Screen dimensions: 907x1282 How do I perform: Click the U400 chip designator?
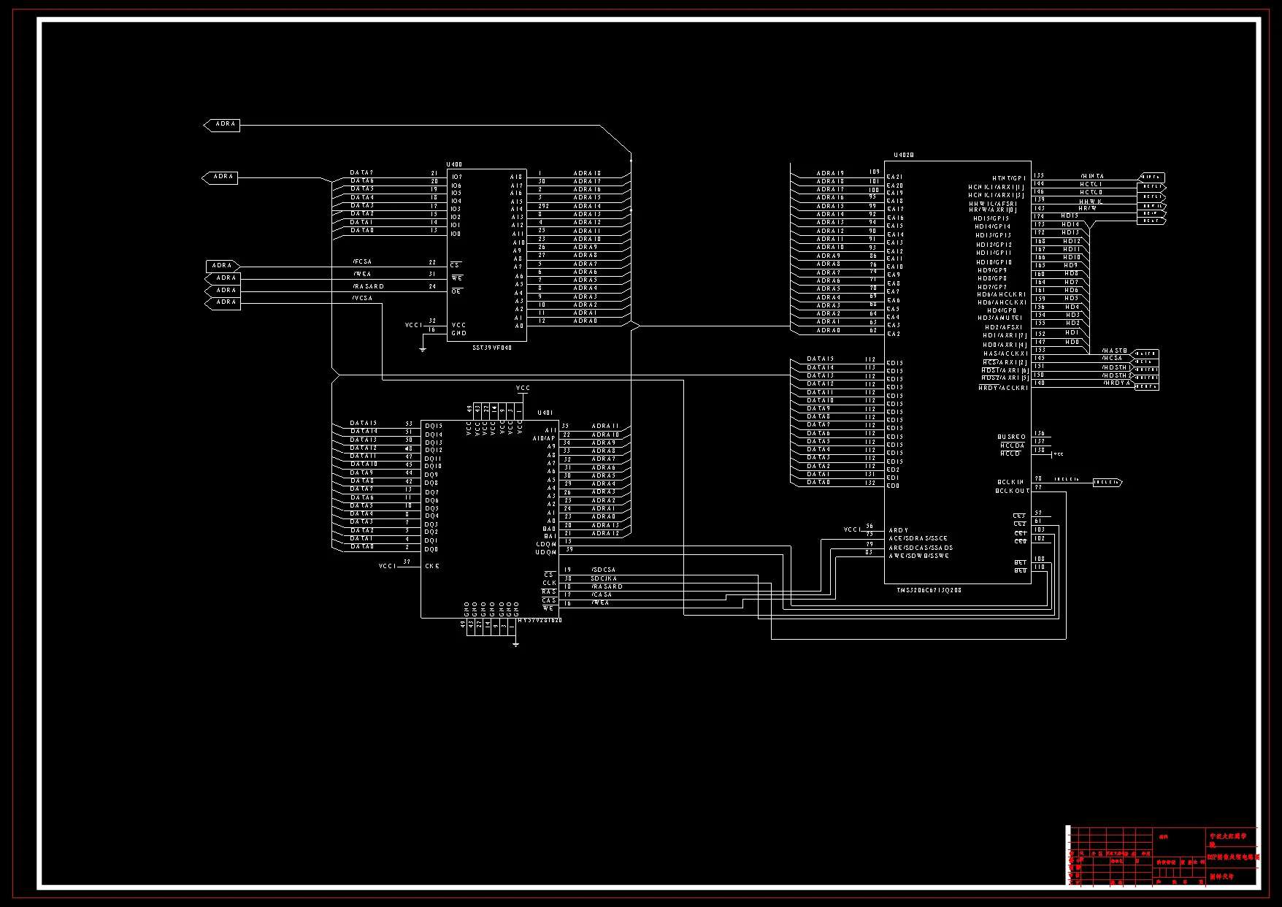pos(454,164)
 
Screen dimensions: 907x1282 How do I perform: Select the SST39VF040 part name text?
pos(492,348)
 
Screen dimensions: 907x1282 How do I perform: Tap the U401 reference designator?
pos(545,413)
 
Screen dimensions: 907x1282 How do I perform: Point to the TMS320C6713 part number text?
pos(929,590)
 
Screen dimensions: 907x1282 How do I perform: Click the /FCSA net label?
pos(362,261)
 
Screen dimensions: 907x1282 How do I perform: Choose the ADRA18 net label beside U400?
pos(587,173)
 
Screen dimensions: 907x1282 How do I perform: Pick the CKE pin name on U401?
pos(432,566)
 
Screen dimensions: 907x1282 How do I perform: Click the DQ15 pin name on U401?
pos(434,426)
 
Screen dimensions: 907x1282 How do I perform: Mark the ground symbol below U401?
pos(516,644)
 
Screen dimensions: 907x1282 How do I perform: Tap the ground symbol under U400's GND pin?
pos(423,349)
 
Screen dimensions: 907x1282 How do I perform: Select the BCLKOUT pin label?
pos(1012,491)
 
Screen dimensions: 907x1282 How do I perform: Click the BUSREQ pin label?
pos(1011,437)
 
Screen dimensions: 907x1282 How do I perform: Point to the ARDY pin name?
pos(899,530)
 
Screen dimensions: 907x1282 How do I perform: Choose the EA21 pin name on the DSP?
pos(895,177)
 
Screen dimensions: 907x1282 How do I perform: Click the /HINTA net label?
pos(1092,176)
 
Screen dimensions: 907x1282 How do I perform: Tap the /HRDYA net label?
pos(1116,383)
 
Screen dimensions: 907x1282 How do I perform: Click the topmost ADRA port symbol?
pos(222,125)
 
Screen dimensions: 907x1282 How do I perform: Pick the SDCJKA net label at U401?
pos(604,578)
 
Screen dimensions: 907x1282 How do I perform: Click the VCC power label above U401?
pos(523,388)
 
